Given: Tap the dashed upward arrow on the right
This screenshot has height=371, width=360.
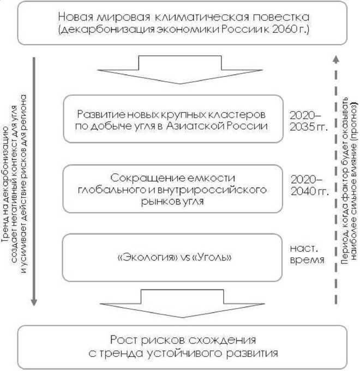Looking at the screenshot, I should (x=335, y=180).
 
